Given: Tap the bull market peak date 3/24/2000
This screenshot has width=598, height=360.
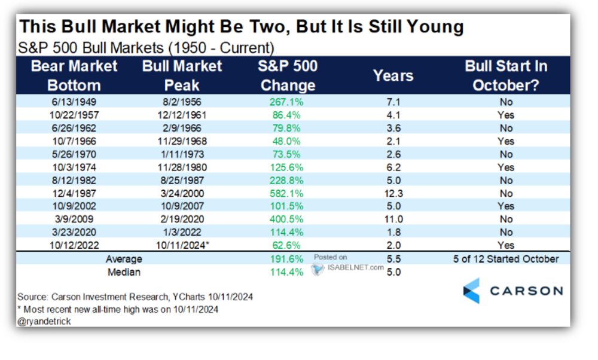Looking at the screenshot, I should pos(181,193).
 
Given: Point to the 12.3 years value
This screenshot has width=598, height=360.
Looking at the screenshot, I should pos(393,193).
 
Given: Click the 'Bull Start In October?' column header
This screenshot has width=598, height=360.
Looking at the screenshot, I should pos(506,75).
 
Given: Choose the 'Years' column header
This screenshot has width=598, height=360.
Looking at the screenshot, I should pos(393,76).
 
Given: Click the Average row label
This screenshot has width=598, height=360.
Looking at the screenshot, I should pos(124,259).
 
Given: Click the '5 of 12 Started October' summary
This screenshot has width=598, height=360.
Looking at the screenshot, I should pos(506,259).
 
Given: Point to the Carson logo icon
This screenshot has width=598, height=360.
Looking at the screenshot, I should pos(471,291).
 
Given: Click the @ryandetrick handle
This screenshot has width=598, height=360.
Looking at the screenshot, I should pos(44,322).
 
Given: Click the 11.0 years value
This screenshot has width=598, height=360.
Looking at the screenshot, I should pos(393,219).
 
